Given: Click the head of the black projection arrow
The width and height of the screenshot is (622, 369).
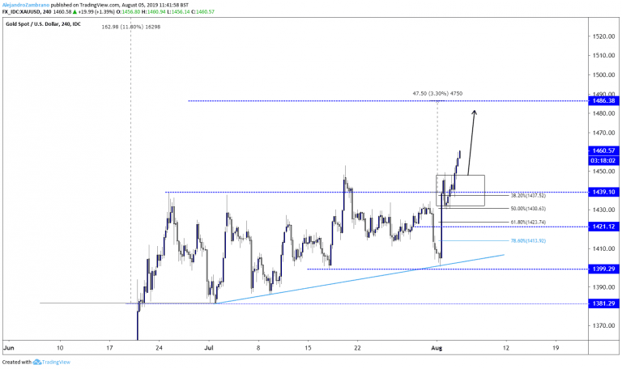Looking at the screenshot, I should coord(475,112).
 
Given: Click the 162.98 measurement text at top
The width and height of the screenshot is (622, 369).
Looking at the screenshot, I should coord(132,27).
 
